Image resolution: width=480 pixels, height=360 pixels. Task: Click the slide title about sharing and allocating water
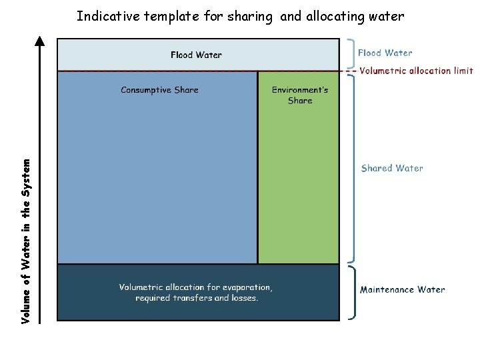240,17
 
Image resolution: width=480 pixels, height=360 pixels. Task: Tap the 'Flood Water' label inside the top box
196,55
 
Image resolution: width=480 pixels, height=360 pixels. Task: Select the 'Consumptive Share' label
159,90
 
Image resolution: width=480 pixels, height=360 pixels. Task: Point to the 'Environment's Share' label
299,95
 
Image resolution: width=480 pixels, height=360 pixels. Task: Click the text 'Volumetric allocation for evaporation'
196,287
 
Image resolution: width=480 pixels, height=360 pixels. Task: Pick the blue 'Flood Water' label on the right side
385,53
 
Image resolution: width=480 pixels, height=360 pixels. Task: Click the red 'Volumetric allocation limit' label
416,71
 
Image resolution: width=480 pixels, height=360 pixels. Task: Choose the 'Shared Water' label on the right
392,168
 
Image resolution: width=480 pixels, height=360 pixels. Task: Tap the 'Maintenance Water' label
403,289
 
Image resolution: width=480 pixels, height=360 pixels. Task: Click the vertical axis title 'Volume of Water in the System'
26,241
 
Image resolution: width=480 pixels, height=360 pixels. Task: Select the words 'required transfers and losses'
197,298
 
